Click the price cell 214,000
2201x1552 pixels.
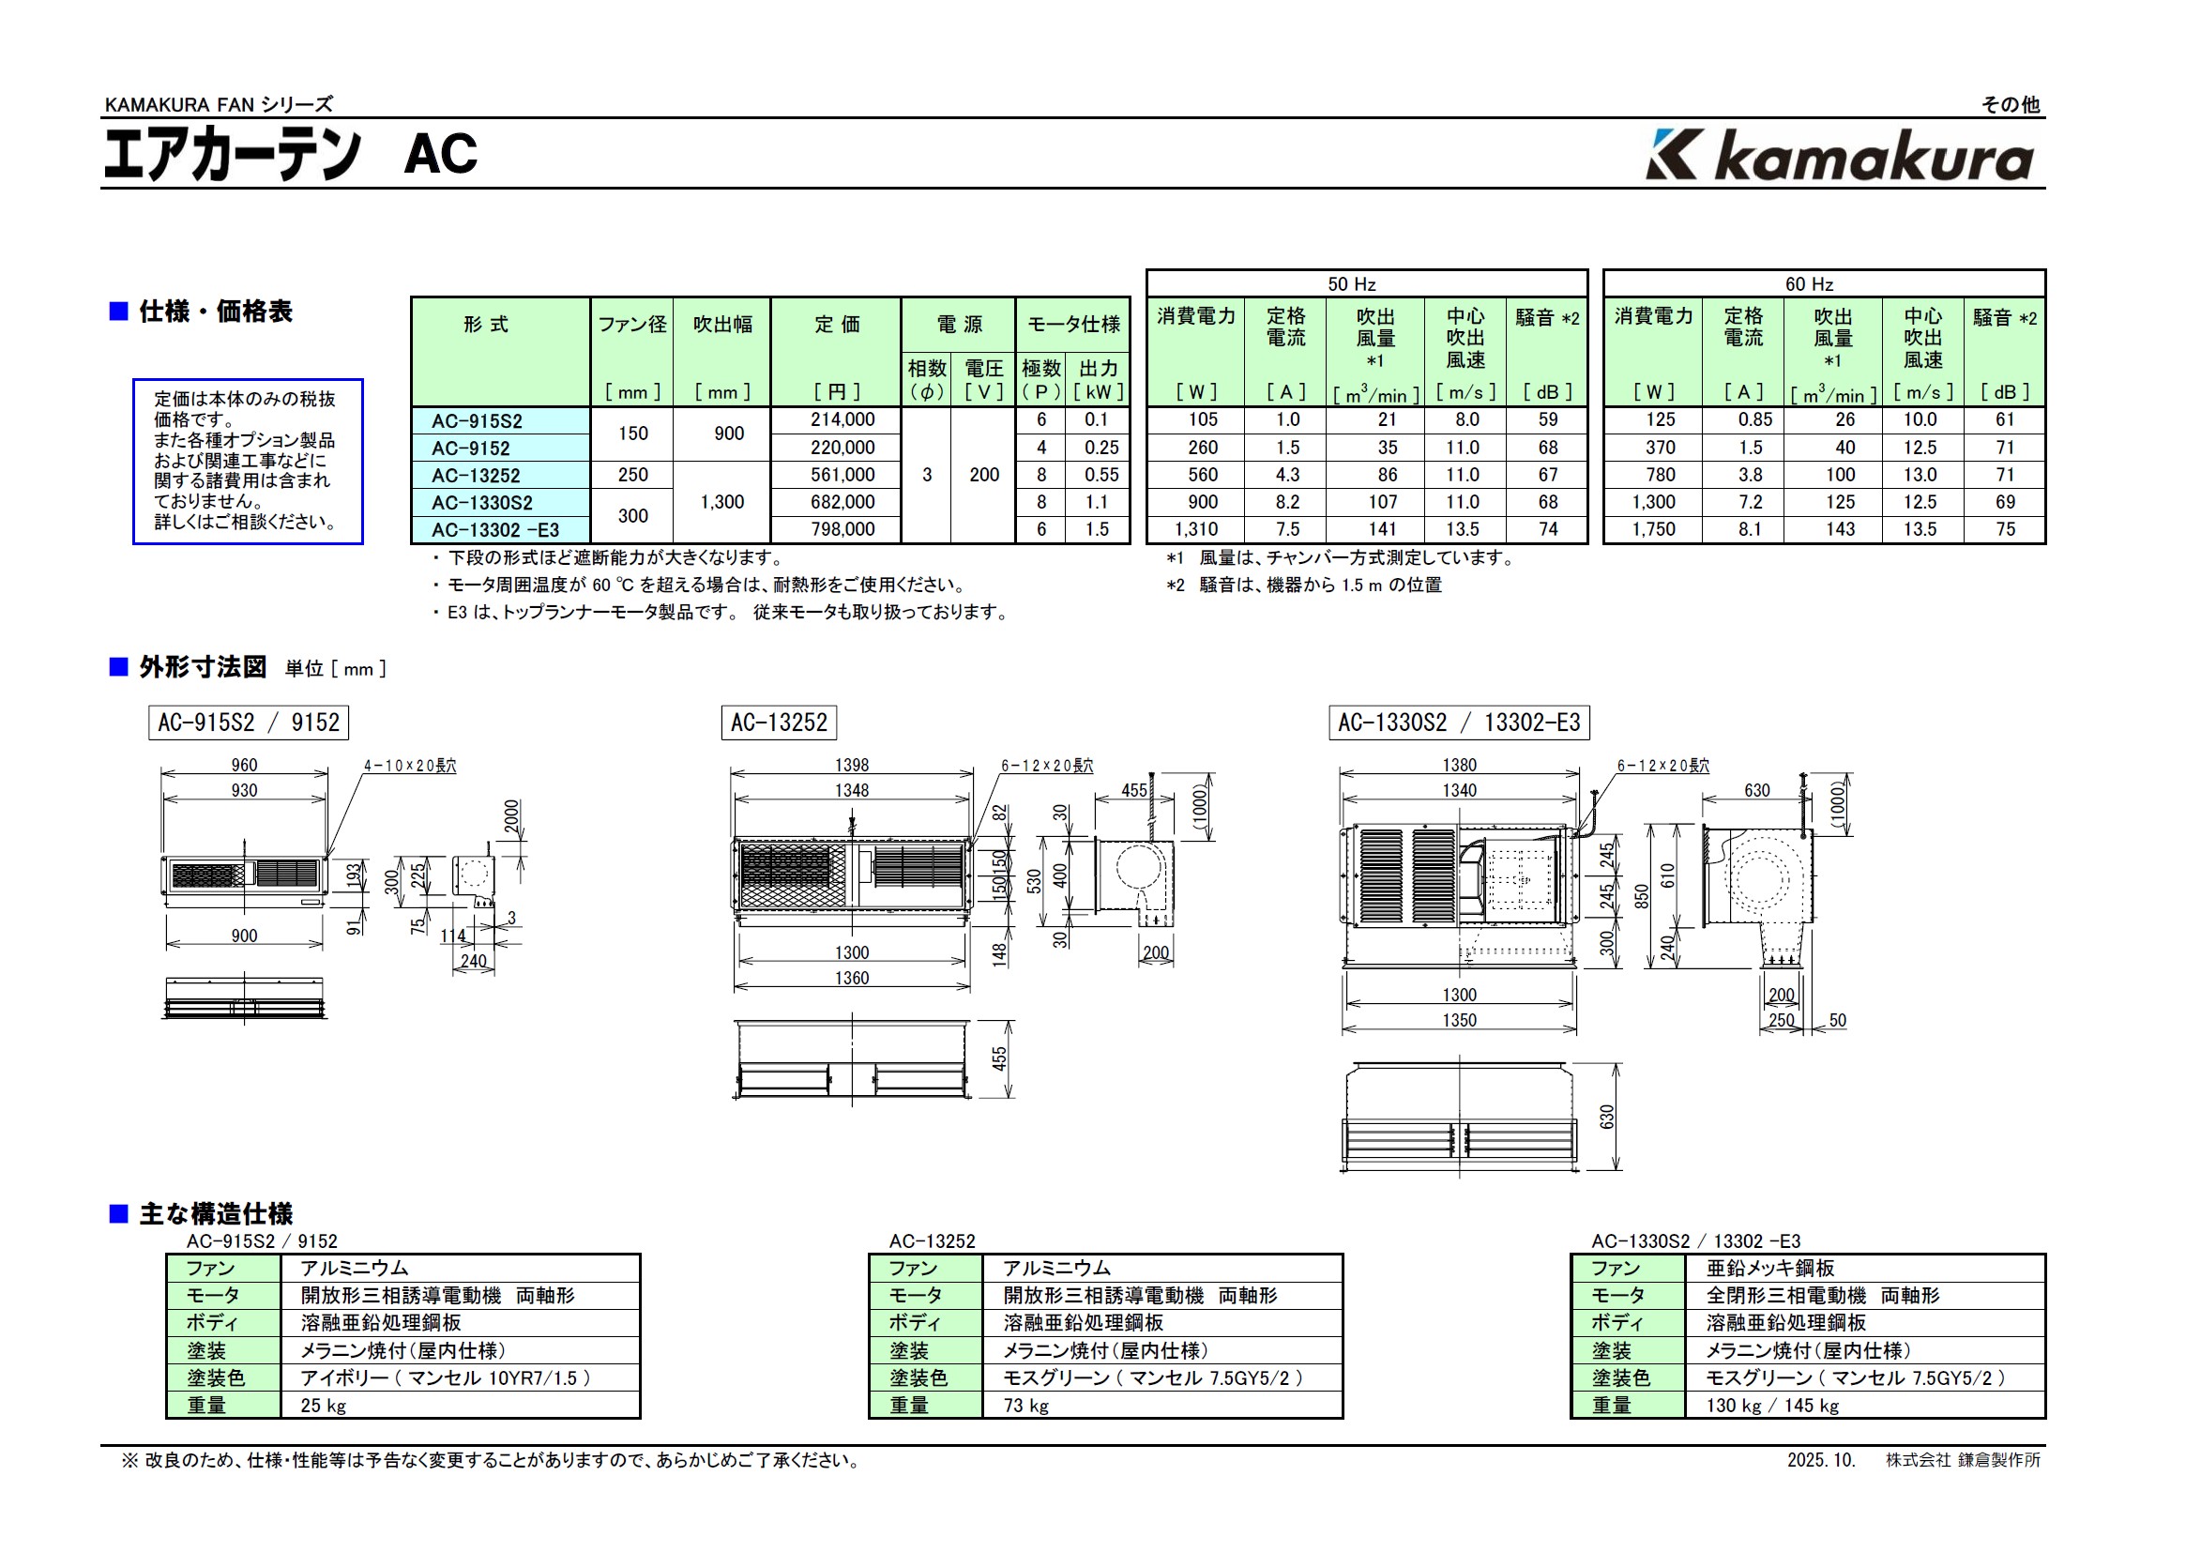(842, 419)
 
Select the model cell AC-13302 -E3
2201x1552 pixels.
(494, 530)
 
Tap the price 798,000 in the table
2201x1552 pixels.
(842, 529)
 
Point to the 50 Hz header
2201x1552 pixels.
(1351, 284)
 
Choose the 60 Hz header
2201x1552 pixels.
(1808, 284)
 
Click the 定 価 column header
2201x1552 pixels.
(836, 325)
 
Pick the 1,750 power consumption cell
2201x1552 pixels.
(1653, 529)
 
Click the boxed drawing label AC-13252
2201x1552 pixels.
(779, 723)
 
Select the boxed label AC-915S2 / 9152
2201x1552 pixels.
(249, 723)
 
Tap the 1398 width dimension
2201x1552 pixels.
(851, 765)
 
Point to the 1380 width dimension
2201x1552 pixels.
(1459, 765)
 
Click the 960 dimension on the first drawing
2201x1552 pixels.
(244, 765)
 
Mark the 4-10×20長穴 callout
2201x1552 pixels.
(409, 766)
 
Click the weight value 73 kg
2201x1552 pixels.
(1025, 1406)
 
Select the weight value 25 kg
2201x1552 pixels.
(323, 1406)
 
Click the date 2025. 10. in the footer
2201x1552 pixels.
(1820, 1460)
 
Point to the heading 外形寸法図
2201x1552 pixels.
(203, 667)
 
